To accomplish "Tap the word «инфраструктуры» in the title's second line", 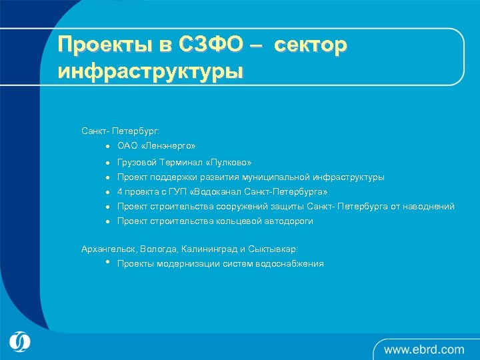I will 151,71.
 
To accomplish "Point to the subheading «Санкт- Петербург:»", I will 121,131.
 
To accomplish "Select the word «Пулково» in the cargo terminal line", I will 228,163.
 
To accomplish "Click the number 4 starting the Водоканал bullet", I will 120,192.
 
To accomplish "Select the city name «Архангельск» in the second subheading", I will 109,249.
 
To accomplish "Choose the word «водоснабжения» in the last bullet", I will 289,264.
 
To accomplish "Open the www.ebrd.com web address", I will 423,349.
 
